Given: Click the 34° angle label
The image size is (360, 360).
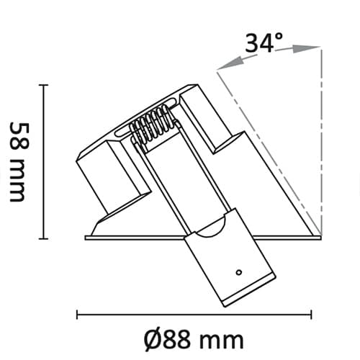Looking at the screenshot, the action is [x=264, y=42].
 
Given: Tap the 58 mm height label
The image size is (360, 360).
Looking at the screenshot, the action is [x=19, y=162].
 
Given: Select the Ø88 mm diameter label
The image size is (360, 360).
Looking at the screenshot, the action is [x=194, y=340].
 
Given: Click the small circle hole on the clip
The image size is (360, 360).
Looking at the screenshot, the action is [x=239, y=272].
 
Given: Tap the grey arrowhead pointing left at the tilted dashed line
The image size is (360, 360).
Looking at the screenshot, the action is [x=230, y=63].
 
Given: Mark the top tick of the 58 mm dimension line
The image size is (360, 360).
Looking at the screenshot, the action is [x=43, y=85].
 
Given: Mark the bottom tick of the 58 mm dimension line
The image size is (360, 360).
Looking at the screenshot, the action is [x=43, y=238].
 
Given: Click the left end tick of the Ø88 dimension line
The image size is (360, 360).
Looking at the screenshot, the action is [x=77, y=315].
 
